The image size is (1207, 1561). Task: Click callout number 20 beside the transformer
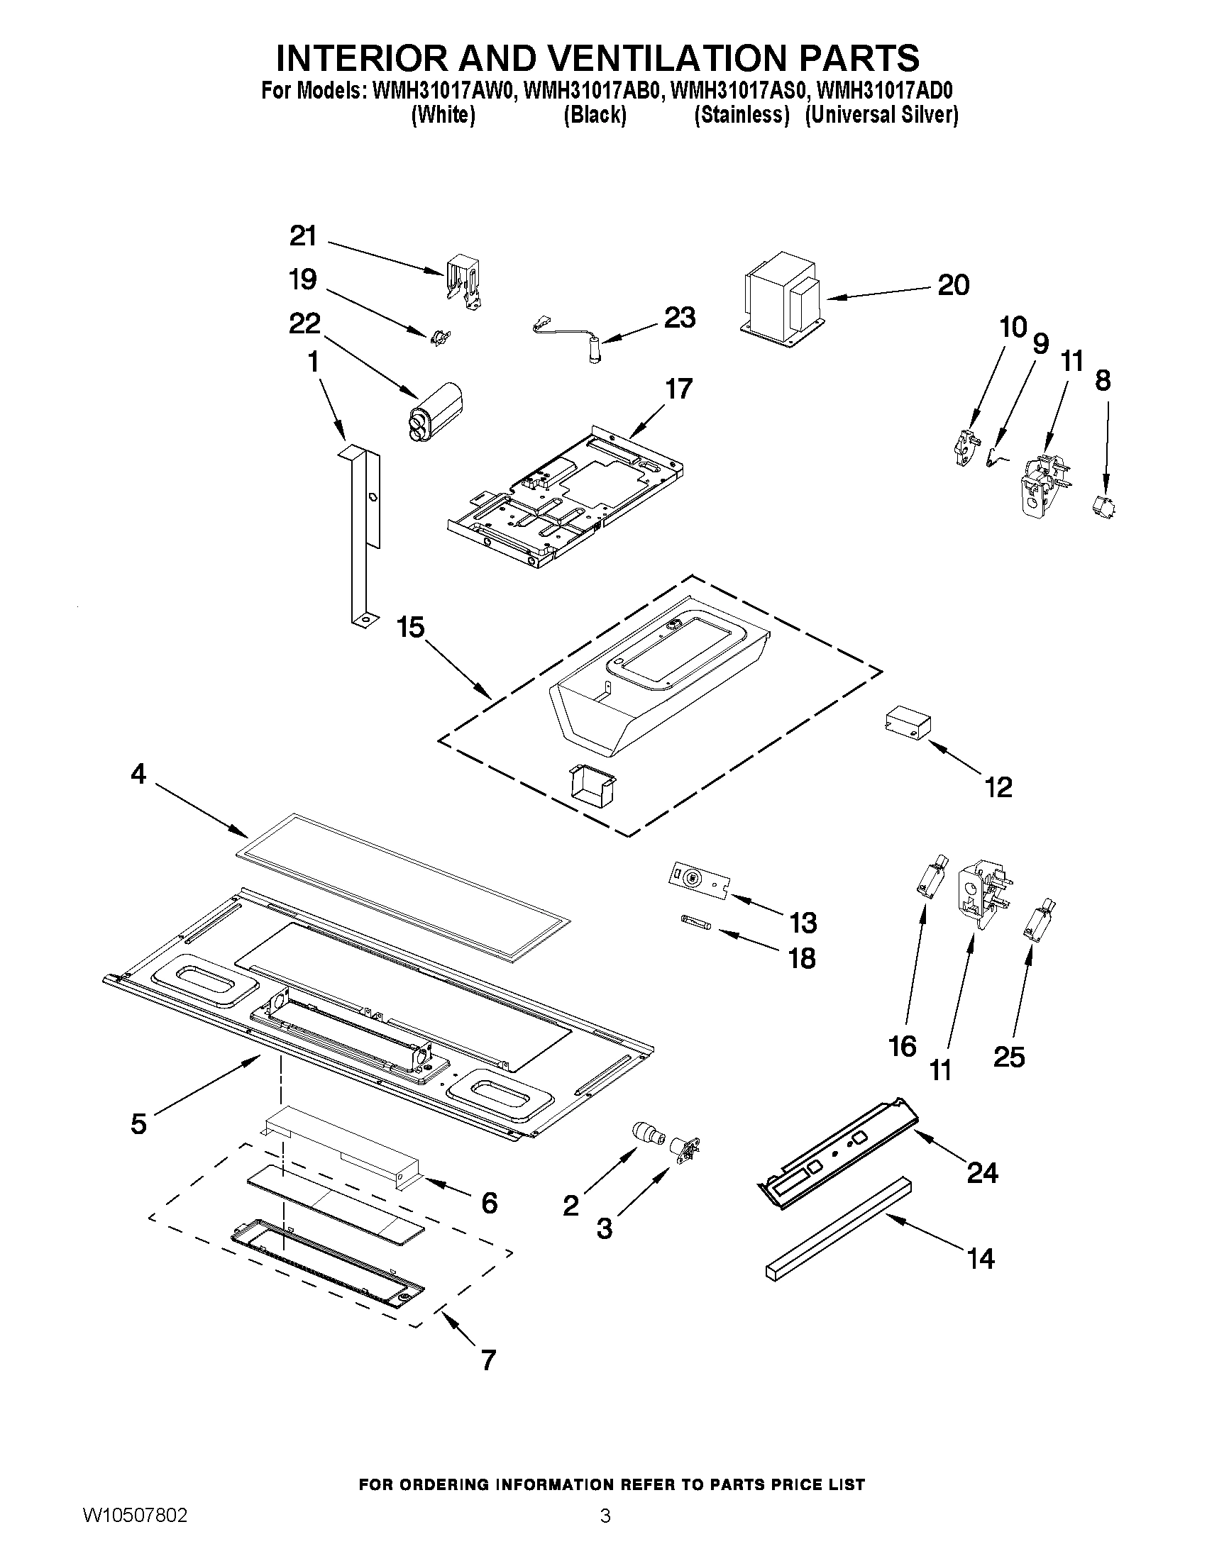[x=953, y=285]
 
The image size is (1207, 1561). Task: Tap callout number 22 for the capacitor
[x=304, y=324]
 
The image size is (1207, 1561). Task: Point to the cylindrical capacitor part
[x=434, y=408]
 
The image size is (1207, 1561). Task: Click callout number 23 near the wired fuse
[x=679, y=317]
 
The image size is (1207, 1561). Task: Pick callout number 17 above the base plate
[x=678, y=389]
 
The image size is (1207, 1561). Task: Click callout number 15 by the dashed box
[x=411, y=628]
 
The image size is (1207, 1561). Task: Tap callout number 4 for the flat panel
[x=138, y=773]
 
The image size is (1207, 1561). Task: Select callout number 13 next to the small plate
[x=803, y=923]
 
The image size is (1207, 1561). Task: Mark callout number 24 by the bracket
[x=983, y=1172]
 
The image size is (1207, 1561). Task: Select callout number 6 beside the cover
[x=489, y=1204]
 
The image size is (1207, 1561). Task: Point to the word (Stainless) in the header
[x=742, y=115]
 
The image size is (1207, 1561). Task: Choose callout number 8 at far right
[x=1103, y=381]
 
